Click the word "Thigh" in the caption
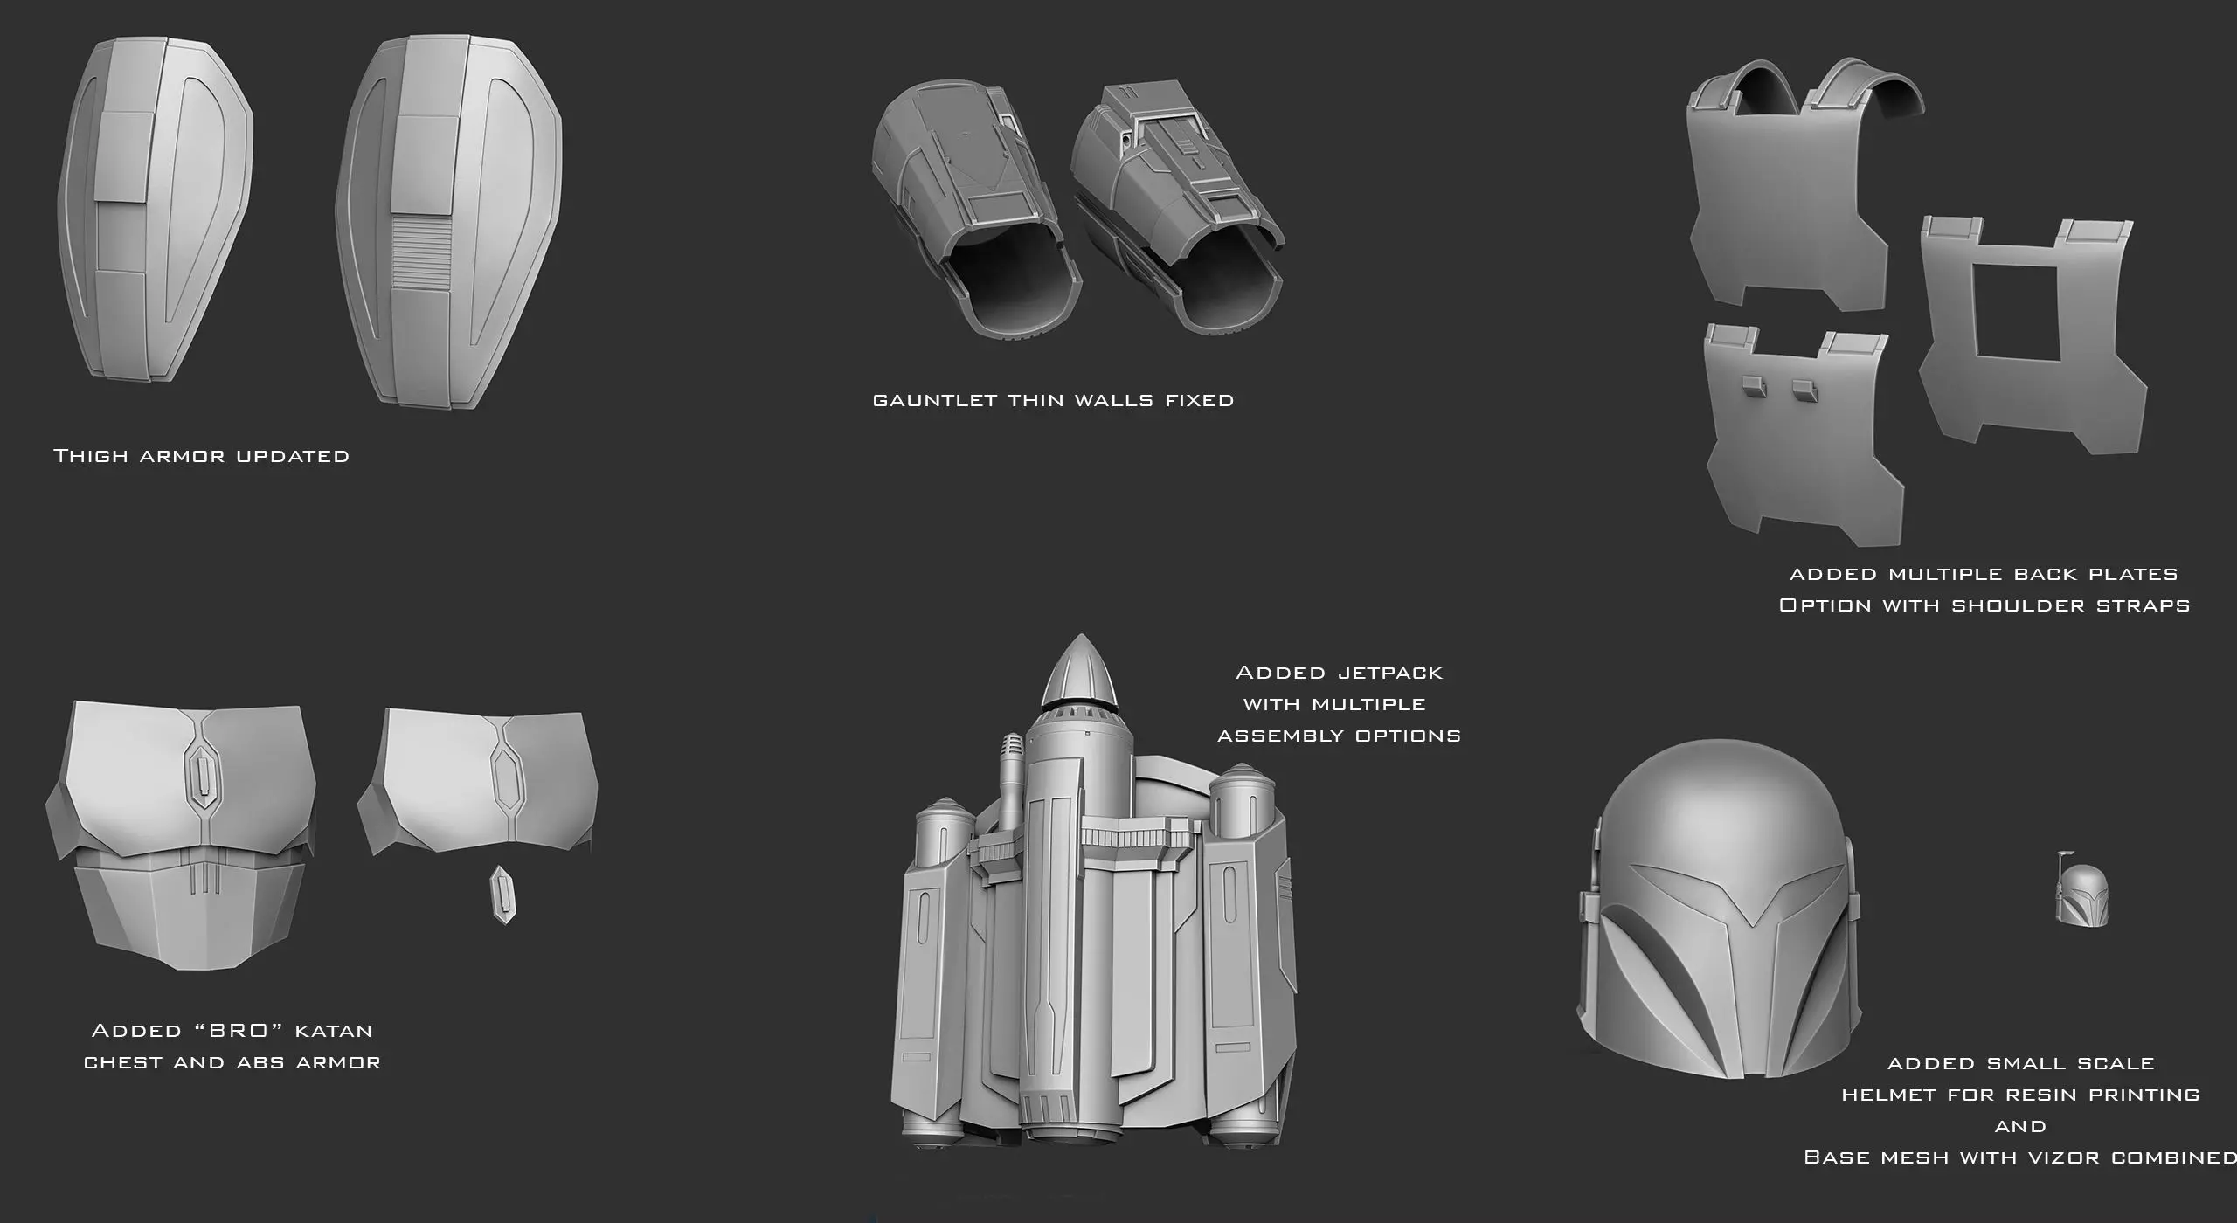pyautogui.click(x=91, y=456)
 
